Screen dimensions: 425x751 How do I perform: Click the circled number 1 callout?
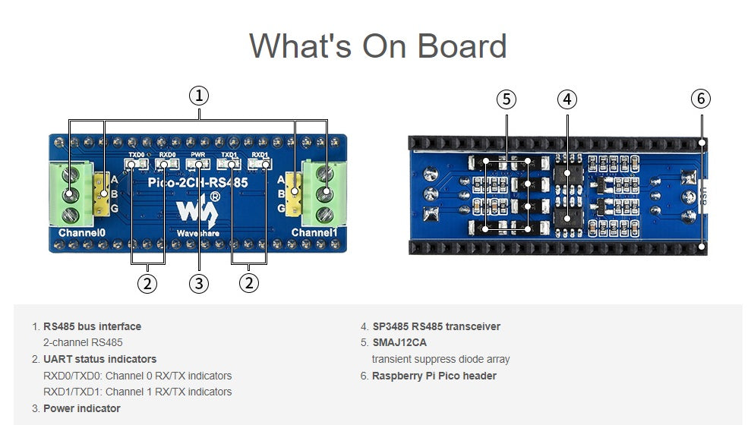(199, 96)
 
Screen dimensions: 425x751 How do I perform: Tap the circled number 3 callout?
(199, 283)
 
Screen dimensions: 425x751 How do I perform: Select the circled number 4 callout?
(567, 99)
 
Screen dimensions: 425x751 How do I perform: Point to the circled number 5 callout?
(506, 99)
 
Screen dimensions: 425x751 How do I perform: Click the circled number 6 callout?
(701, 99)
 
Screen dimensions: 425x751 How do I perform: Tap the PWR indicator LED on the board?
(199, 163)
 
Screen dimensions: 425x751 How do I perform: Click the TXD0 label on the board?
(136, 154)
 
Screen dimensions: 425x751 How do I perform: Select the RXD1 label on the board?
(260, 154)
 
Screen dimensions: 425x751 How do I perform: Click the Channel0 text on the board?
(81, 232)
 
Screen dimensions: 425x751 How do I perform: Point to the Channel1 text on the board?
(314, 232)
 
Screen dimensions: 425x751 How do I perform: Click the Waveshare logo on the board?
(194, 211)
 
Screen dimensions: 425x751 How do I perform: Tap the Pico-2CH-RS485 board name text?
(199, 183)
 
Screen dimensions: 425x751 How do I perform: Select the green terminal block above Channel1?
(323, 194)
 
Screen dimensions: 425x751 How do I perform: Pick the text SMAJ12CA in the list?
(399, 343)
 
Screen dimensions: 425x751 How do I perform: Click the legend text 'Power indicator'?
(81, 408)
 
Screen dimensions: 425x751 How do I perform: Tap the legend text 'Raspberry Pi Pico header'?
(434, 376)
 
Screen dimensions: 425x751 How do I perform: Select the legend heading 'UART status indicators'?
(99, 359)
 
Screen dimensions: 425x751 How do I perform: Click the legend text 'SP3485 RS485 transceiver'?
(436, 326)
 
